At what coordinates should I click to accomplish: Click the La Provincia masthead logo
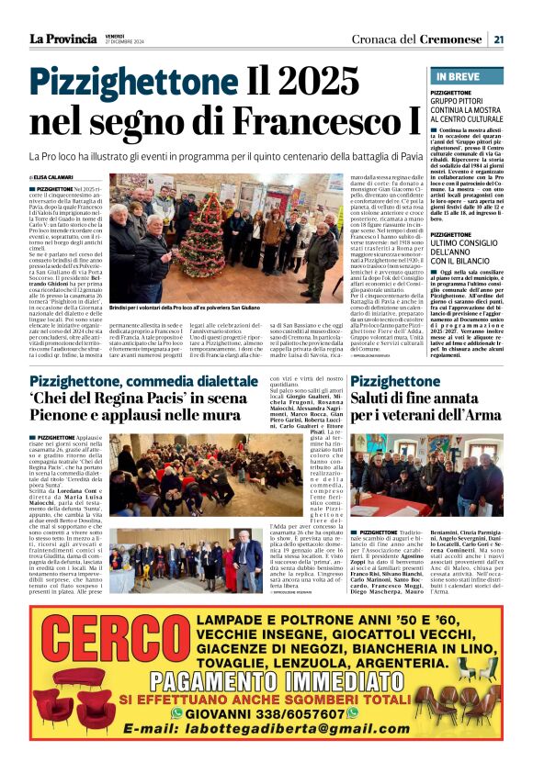coord(62,39)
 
